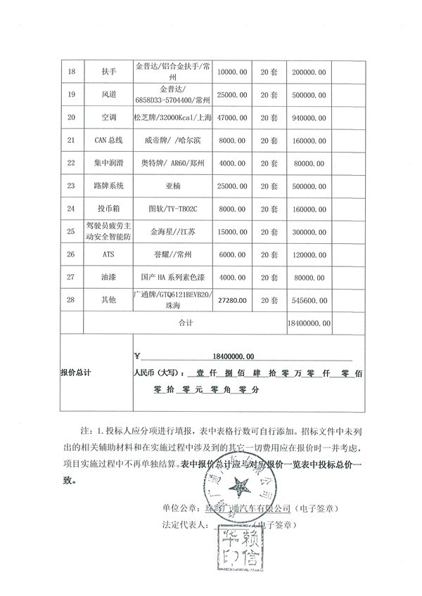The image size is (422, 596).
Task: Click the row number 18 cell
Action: [x=70, y=72]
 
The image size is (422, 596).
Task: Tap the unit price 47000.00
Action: [x=233, y=117]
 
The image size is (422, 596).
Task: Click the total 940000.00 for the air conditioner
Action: [x=309, y=117]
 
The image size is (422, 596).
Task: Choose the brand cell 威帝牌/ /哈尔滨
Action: [x=172, y=141]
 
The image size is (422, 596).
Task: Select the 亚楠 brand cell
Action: [x=172, y=186]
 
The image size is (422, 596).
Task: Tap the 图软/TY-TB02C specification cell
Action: [x=172, y=209]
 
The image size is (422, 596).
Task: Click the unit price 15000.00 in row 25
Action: [x=233, y=231]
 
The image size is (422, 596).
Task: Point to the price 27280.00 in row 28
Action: [x=233, y=299]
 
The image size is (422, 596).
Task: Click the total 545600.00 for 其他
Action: [x=309, y=299]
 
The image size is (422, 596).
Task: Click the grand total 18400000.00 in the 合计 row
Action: [x=309, y=323]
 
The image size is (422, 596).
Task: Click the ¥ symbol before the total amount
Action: [x=137, y=356]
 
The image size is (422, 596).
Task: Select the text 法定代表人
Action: [x=182, y=524]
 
